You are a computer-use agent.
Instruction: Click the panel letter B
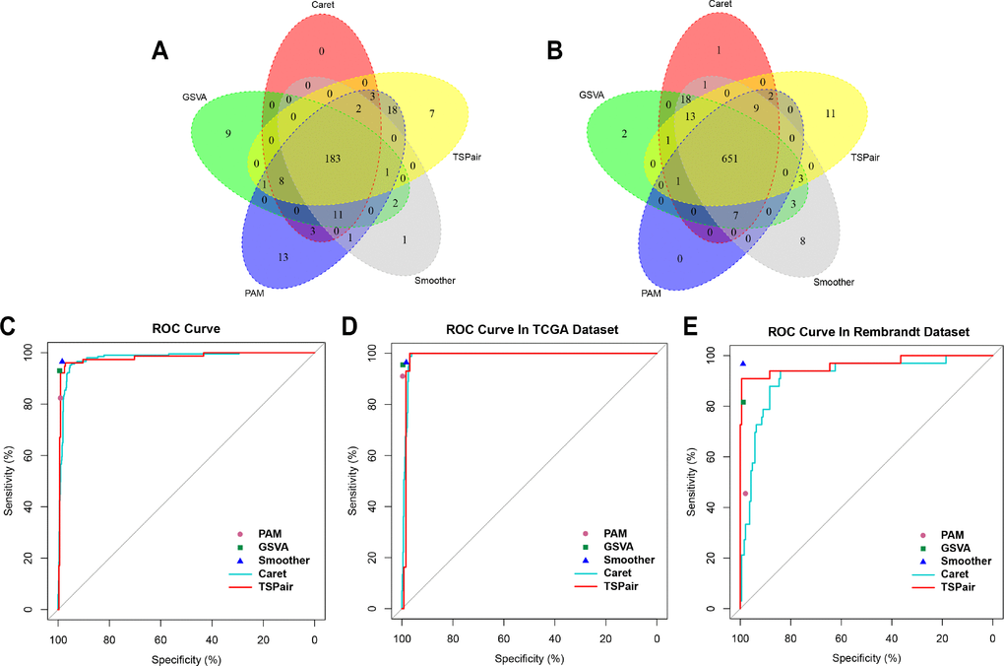click(x=555, y=50)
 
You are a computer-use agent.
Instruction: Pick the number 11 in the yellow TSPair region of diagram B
click(x=830, y=114)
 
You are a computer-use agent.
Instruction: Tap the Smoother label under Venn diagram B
click(x=834, y=283)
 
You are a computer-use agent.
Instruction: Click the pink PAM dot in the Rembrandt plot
click(x=745, y=494)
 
